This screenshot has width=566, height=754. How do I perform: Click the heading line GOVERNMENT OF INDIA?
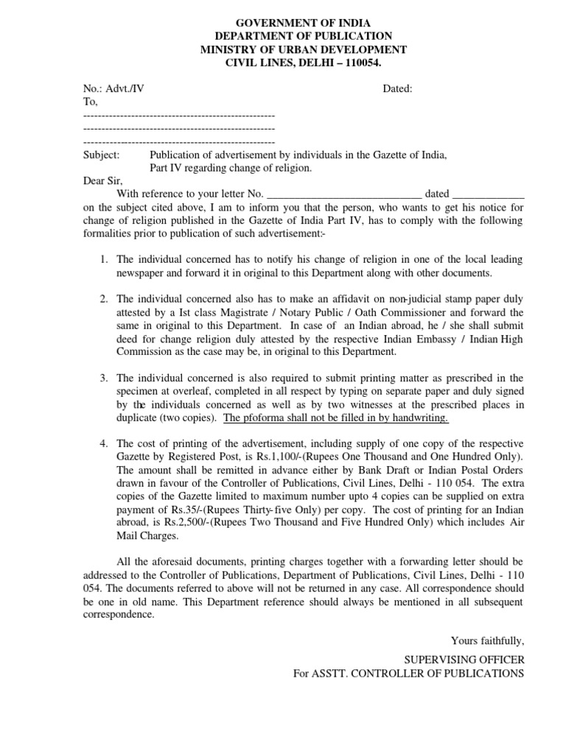click(x=303, y=23)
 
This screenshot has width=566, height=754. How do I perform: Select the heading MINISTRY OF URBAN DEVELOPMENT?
click(x=303, y=49)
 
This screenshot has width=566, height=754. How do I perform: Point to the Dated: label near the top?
click(x=397, y=89)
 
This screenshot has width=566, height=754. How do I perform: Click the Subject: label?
click(x=102, y=155)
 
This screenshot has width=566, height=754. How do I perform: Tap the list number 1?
click(x=104, y=260)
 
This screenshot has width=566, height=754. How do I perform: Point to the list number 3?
click(x=104, y=378)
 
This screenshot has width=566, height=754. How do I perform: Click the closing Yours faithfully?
click(x=487, y=640)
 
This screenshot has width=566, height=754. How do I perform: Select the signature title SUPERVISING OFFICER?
click(x=464, y=660)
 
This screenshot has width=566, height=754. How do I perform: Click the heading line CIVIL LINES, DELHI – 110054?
click(x=303, y=63)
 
